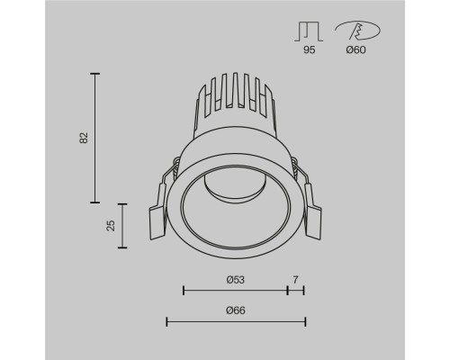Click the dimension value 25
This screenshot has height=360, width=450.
click(110, 225)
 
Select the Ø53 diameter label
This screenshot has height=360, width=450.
click(235, 280)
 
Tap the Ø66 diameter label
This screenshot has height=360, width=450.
click(236, 310)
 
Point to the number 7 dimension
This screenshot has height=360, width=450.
click(296, 280)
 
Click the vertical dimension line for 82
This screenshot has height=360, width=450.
click(95, 137)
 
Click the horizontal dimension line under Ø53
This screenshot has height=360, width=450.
click(235, 291)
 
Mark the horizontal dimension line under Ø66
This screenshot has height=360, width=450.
click(236, 321)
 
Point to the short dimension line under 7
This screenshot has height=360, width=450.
click(296, 291)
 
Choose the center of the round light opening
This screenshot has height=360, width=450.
click(232, 209)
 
